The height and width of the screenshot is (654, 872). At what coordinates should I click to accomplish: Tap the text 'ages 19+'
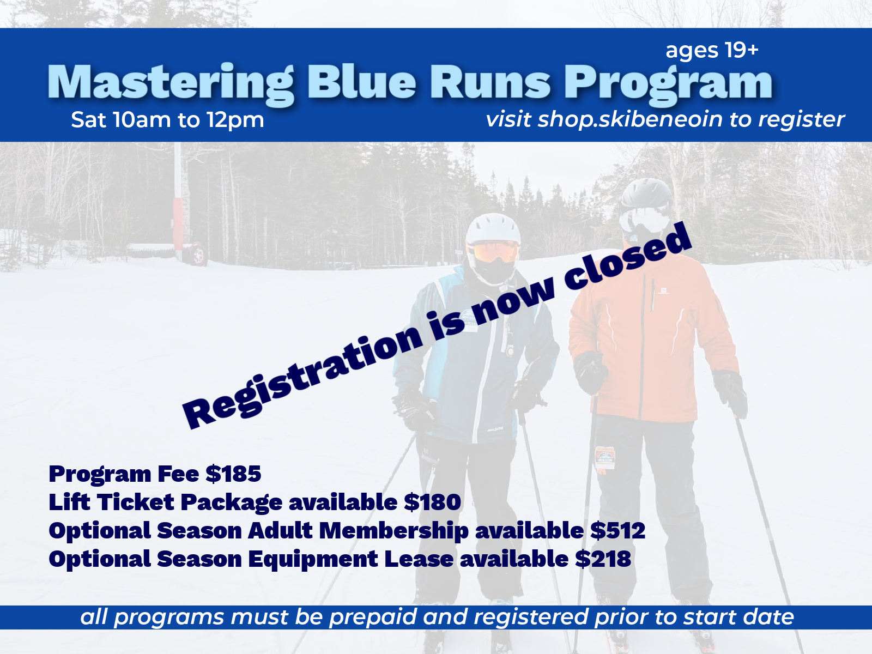pos(712,50)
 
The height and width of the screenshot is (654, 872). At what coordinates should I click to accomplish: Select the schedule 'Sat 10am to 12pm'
pos(167,120)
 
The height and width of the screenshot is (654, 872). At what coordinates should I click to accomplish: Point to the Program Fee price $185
pos(233,474)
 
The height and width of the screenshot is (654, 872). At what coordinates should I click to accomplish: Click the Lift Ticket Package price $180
pos(433,502)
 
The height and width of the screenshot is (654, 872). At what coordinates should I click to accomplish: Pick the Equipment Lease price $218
pos(603,559)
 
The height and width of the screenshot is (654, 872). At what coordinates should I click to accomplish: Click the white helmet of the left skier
pos(493,228)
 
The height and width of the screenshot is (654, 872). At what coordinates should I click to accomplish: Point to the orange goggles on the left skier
pos(495,252)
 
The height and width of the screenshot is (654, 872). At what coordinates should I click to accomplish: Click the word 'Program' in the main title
pos(668,83)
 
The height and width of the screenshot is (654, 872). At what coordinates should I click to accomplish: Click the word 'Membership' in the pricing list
pos(393,531)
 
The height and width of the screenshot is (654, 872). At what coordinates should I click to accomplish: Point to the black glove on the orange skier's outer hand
pos(730,391)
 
